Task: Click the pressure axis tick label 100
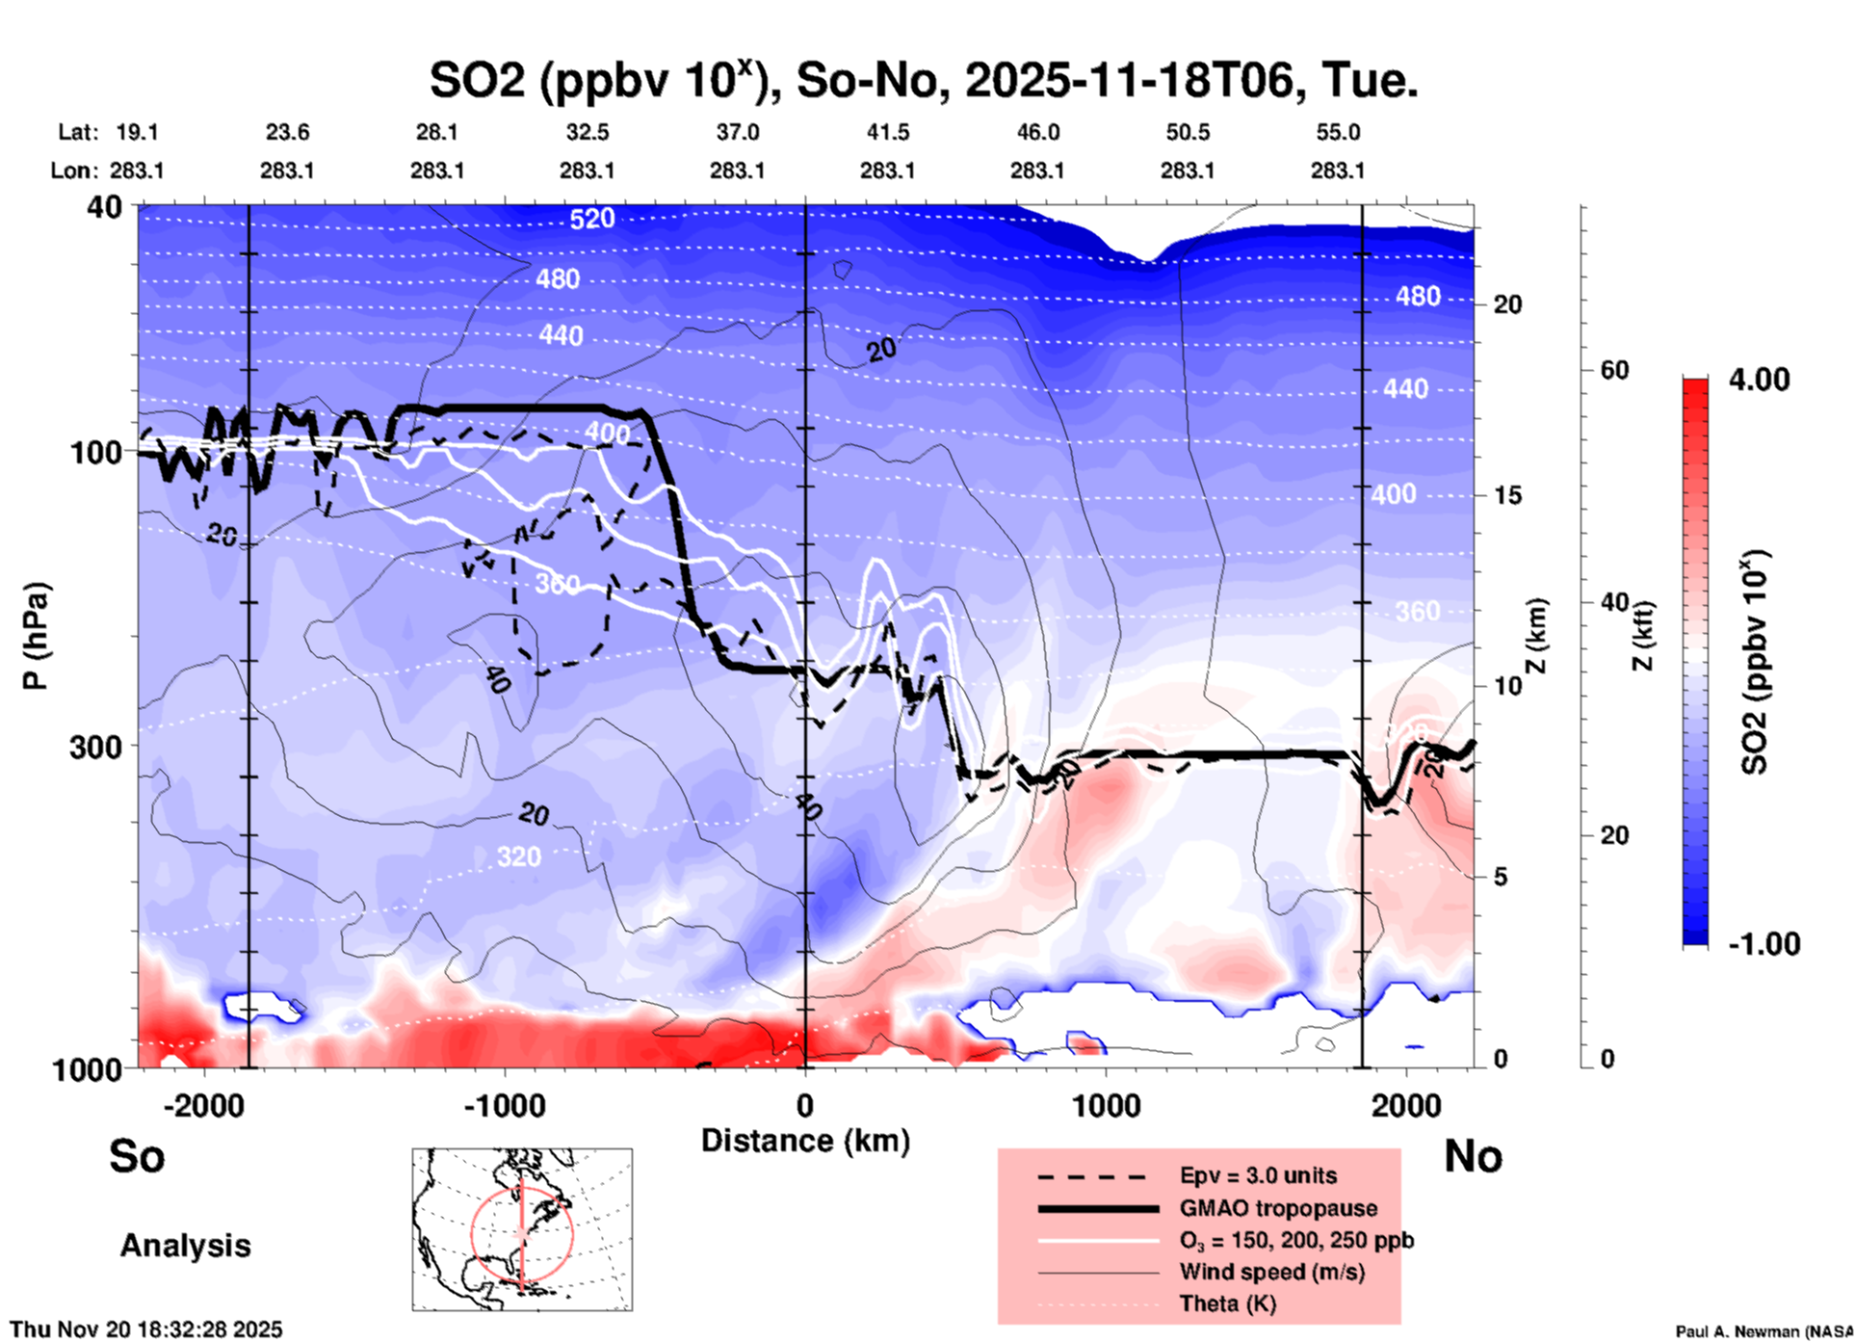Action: (96, 452)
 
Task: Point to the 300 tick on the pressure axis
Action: (96, 747)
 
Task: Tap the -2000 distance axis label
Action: (203, 1105)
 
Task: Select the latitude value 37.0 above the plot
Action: (737, 132)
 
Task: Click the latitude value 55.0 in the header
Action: (1338, 132)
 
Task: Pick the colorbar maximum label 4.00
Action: (1759, 380)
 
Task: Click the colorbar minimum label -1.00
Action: (1764, 943)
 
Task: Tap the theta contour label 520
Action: (591, 220)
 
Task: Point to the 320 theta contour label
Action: (518, 856)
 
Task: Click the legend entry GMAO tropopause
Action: (1278, 1208)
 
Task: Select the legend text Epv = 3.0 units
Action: (1258, 1175)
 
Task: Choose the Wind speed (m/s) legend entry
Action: (1271, 1272)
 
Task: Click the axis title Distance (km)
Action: (805, 1141)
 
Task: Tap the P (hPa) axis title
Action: (36, 636)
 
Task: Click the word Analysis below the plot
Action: (185, 1246)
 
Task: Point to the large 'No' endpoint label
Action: (1473, 1156)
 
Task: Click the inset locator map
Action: (522, 1229)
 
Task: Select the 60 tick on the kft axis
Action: (1614, 370)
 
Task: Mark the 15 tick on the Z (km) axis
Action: (1507, 495)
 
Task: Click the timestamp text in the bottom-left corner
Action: (146, 1330)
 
